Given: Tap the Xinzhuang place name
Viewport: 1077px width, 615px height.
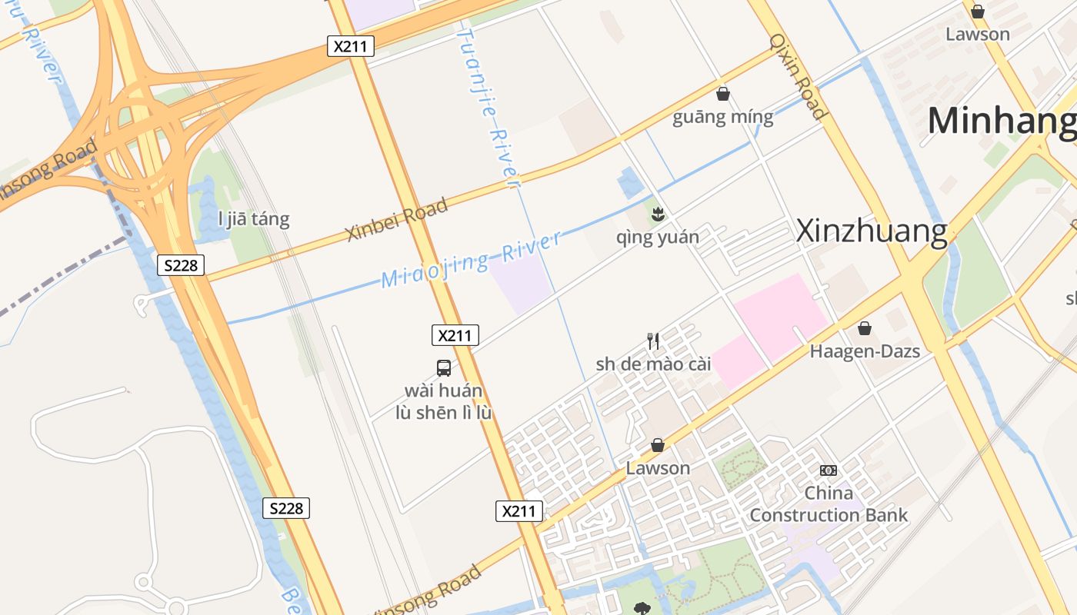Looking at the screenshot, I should point(871,231).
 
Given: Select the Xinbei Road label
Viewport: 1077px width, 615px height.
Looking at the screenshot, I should point(397,220).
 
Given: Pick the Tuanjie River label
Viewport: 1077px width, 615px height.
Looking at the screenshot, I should point(489,108).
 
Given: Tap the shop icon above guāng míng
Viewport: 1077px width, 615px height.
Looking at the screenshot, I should point(723,94).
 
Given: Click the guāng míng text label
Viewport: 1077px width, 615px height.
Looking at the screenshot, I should point(723,118).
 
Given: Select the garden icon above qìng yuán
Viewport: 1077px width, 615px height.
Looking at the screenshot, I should point(657,214).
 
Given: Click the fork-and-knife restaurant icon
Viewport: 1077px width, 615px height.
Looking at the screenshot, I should point(653,341).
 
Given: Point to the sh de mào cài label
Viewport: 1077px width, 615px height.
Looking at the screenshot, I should point(653,364).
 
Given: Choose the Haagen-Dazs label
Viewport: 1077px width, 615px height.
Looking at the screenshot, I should point(865,351).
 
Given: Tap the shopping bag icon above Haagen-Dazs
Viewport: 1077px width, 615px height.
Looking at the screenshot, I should point(865,328).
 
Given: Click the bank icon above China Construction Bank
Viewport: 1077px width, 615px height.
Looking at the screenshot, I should point(829,470).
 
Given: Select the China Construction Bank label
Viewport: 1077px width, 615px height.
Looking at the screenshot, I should point(829,504).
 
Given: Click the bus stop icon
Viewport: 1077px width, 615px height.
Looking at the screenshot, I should point(444,367).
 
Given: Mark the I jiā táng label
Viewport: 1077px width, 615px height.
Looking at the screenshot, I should point(254,219).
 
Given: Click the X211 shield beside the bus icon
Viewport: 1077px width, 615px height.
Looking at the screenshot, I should point(455,335).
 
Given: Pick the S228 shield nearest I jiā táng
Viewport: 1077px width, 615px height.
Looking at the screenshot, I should point(182,265).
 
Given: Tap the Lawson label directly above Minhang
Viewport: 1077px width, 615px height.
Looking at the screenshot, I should point(978,34).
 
